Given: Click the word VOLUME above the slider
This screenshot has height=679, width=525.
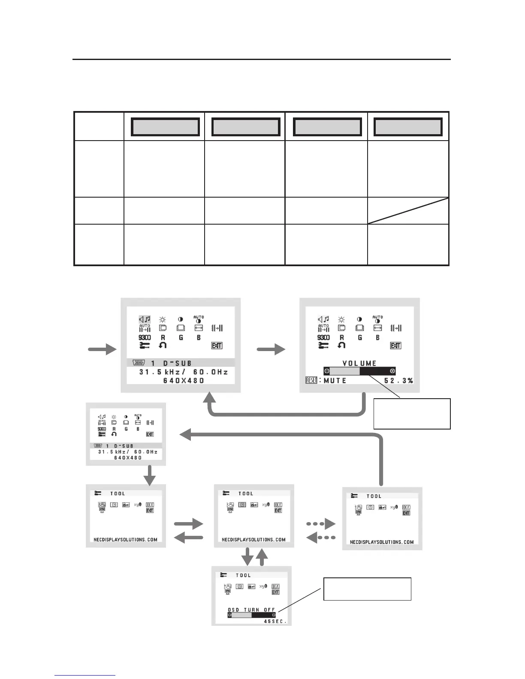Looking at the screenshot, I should point(359,363).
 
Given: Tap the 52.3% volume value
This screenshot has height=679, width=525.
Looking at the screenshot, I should point(398,380).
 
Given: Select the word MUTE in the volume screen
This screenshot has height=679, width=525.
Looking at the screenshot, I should point(335,380).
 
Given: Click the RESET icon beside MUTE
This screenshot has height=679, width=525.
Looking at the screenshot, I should point(311,380).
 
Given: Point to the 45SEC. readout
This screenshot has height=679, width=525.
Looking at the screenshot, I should point(275,621).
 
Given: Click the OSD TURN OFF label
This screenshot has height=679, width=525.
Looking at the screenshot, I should point(251,610).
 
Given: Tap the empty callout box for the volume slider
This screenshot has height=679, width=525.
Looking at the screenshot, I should point(412,414).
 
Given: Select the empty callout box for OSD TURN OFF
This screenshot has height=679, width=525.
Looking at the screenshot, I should point(367,589).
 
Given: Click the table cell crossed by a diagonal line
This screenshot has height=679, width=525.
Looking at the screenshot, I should point(408,210).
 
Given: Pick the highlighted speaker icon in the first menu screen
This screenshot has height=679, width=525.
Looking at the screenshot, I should point(145,319).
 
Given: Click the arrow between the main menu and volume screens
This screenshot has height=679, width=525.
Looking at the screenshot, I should point(271,350).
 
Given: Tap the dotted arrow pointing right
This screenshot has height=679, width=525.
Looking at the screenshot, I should point(321,524).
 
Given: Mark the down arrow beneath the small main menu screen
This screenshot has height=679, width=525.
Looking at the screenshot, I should point(149,476).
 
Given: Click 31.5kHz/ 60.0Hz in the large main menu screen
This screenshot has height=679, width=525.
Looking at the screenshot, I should point(184,372).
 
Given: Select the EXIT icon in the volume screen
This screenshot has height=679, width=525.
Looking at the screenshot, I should point(395,346).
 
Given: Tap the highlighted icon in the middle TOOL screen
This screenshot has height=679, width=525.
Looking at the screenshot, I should point(242,505).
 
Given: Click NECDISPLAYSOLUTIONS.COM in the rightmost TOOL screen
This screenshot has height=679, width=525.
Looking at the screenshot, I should point(382,542).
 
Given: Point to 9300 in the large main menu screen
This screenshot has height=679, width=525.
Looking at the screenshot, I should point(145,338).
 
